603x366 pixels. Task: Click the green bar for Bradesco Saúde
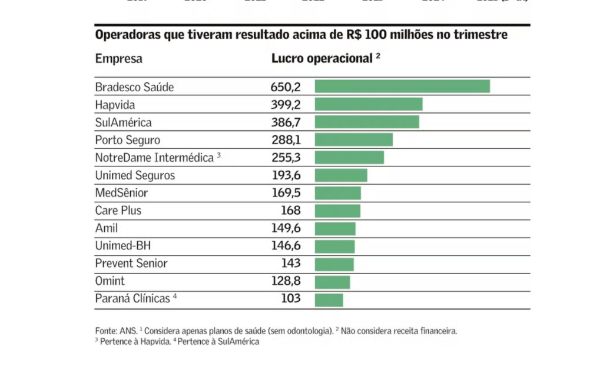tap(402, 86)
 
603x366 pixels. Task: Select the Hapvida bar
tap(369, 105)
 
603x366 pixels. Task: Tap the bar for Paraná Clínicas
tap(329, 300)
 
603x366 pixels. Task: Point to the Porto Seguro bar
tap(353, 140)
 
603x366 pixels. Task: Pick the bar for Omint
tap(332, 282)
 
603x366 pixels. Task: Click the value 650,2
tap(286, 87)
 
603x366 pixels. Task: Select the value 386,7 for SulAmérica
tap(286, 122)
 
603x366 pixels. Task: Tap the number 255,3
tap(286, 158)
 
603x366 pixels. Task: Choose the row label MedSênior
tap(121, 193)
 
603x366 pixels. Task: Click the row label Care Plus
tap(118, 211)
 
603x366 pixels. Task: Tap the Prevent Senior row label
tap(131, 264)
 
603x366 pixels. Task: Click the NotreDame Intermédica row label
tap(154, 158)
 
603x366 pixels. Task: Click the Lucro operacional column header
tap(322, 58)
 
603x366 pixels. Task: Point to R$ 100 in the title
tap(364, 35)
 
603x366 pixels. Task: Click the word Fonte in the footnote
tap(105, 331)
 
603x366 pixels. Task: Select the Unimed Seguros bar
tap(341, 175)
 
